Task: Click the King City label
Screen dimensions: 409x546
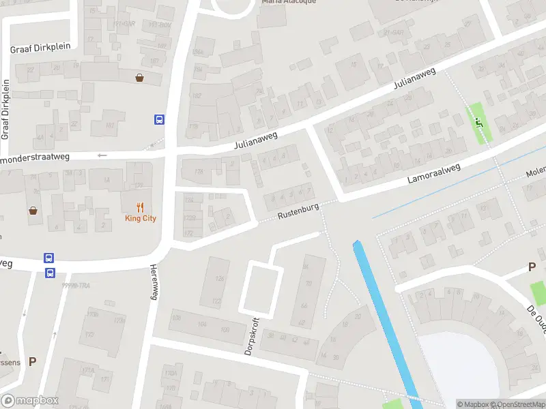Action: point(141,218)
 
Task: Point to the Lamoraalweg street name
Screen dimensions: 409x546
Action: point(434,174)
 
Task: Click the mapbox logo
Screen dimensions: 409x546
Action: point(30,401)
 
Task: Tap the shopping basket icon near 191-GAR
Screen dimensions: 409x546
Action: point(140,78)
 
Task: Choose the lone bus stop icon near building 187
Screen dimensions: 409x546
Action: point(159,120)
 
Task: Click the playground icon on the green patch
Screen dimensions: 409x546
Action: point(478,123)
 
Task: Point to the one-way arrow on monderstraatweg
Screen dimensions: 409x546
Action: point(102,155)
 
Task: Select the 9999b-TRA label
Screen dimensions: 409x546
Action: point(76,286)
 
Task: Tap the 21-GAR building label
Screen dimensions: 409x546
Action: point(394,31)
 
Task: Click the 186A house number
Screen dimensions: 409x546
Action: point(199,52)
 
